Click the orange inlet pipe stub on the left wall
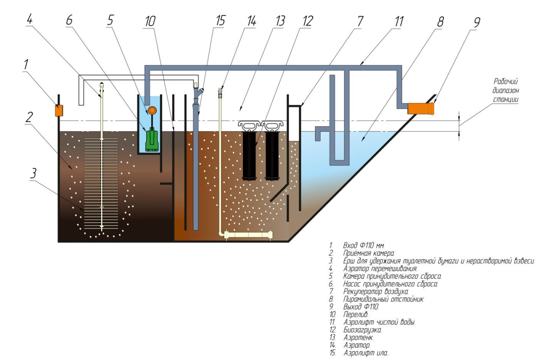pyautogui.click(x=59, y=111)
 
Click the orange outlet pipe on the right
pyautogui.click(x=420, y=108)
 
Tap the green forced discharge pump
pyautogui.click(x=152, y=140)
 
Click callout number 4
pyautogui.click(x=30, y=19)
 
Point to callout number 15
pyautogui.click(x=220, y=21)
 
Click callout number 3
pyautogui.click(x=34, y=173)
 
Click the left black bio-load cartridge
pyautogui.click(x=249, y=155)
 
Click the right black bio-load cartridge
pyautogui.click(x=272, y=155)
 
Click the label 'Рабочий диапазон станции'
pyautogui.click(x=506, y=90)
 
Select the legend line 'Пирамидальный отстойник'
pyautogui.click(x=383, y=299)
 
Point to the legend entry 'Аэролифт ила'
pyautogui.click(x=366, y=353)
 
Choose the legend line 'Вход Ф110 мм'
pyautogui.click(x=364, y=245)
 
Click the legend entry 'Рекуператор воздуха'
pyautogui.click(x=375, y=291)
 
